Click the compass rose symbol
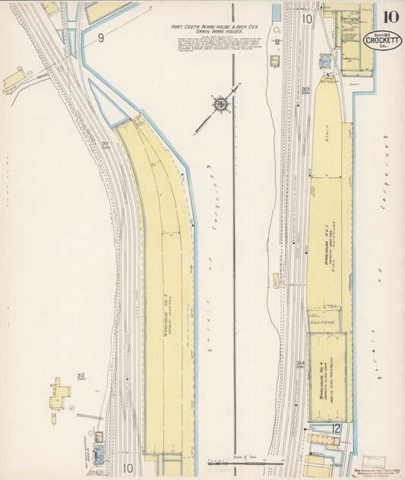pos(220,104)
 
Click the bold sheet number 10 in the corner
pos(389,17)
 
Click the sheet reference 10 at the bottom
pos(127,468)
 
